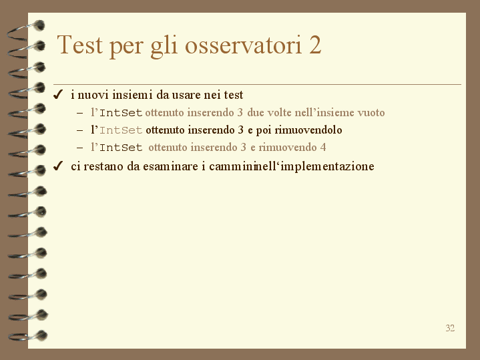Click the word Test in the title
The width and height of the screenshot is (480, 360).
point(79,45)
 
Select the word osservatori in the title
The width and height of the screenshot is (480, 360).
point(244,45)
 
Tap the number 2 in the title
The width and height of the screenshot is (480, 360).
point(315,45)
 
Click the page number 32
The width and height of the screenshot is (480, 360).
point(450,328)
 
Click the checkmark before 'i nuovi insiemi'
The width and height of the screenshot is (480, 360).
point(58,95)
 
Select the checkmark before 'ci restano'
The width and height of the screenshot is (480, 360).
point(58,166)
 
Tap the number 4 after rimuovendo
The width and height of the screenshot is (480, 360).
point(323,148)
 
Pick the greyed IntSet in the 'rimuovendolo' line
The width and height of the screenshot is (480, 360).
point(121,130)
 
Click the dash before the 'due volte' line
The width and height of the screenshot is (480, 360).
point(80,113)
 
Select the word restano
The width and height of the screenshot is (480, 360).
point(103,167)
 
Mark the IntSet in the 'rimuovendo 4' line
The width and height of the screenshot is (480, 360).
point(121,148)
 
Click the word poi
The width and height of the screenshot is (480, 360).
point(264,130)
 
